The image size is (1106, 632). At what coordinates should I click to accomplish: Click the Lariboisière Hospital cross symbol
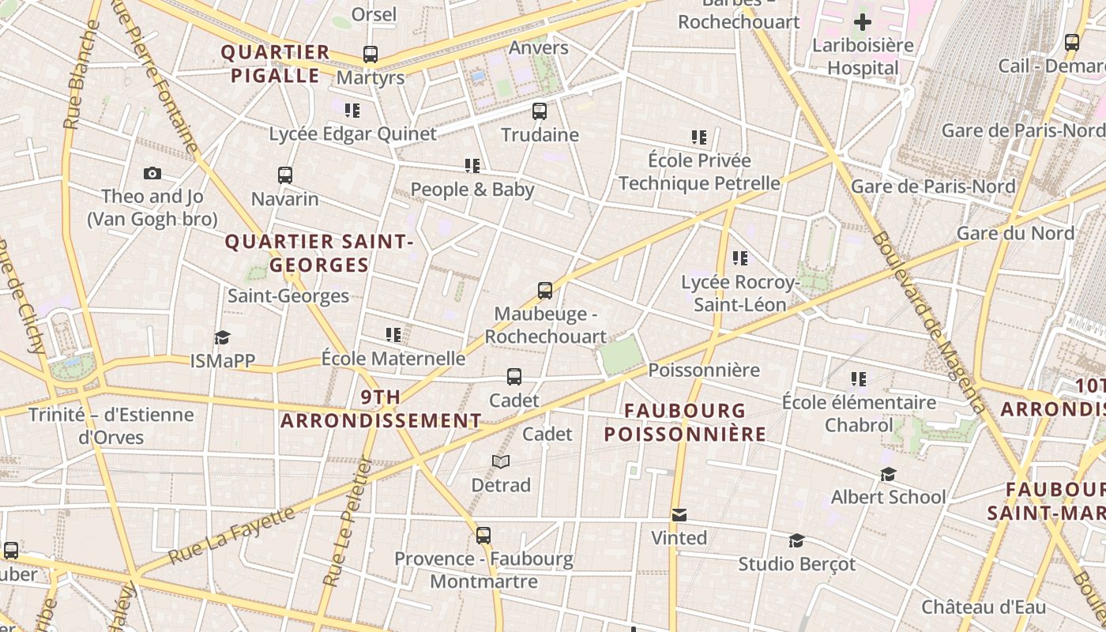(862, 22)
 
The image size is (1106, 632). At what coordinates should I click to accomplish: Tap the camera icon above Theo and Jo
(152, 173)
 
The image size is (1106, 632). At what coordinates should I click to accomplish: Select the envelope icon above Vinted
(679, 515)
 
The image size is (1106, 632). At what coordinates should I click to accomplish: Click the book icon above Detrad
(501, 461)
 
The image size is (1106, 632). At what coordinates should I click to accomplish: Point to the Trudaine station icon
(540, 111)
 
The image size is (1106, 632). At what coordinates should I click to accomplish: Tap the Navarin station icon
(285, 175)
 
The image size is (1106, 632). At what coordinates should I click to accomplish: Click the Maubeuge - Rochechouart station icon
(545, 291)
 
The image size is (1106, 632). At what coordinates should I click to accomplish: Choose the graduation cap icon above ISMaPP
(222, 338)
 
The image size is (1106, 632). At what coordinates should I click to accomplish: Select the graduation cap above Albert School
(888, 474)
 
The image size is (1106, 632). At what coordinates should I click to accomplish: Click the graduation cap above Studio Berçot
(796, 541)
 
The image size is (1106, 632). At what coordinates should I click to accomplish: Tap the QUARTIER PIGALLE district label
(275, 64)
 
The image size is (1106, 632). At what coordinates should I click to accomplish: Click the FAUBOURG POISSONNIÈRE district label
(685, 422)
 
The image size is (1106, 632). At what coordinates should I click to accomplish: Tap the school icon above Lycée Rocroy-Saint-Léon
(739, 258)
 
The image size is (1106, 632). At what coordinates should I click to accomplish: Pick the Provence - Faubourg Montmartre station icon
(483, 536)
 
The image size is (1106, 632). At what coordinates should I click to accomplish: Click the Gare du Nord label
(1015, 233)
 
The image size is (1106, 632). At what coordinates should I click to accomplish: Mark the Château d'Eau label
(983, 608)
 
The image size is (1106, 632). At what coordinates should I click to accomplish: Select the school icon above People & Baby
(472, 166)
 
